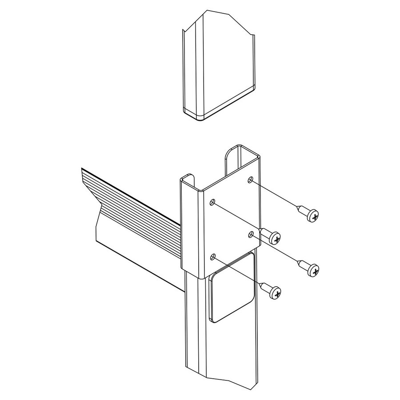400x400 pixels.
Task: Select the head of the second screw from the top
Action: pyautogui.click(x=276, y=239)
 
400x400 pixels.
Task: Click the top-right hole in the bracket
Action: pyautogui.click(x=251, y=180)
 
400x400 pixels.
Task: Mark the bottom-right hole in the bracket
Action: pyautogui.click(x=251, y=233)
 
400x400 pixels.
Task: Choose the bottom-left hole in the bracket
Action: pyautogui.click(x=213, y=256)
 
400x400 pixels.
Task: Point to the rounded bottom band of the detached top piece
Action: pyautogui.click(x=222, y=107)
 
